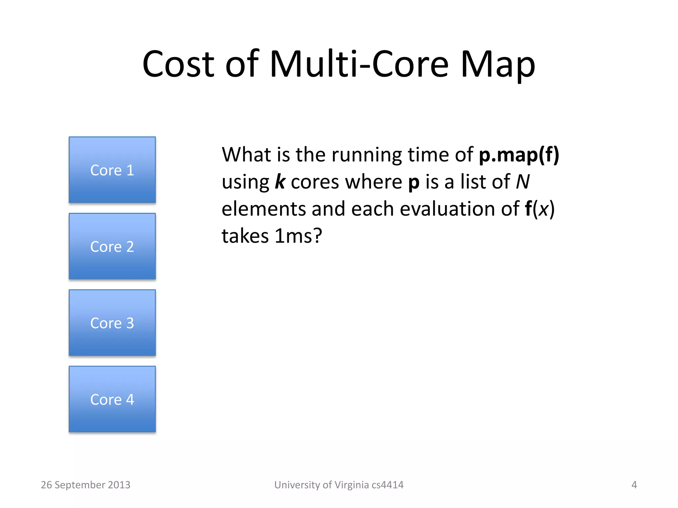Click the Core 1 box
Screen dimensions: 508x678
[112, 170]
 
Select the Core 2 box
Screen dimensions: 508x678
[112, 246]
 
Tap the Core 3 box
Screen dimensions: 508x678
[112, 322]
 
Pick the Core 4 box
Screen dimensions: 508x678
[112, 399]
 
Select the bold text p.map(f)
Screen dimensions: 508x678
[519, 154]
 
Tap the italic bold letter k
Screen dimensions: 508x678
[280, 182]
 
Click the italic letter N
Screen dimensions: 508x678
[523, 182]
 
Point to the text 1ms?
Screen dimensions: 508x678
[298, 236]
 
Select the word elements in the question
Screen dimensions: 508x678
[264, 209]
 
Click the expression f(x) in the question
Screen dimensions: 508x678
[539, 209]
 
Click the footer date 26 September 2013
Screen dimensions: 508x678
[85, 485]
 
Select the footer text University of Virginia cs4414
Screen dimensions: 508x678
[339, 485]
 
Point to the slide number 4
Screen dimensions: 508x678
[634, 485]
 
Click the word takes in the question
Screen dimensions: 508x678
[245, 236]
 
